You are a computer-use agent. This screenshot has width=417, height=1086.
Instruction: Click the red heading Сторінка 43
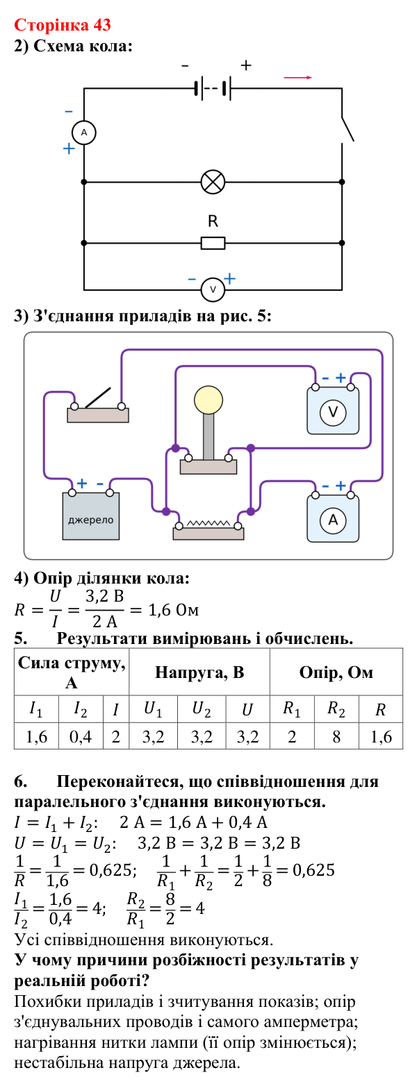point(63,25)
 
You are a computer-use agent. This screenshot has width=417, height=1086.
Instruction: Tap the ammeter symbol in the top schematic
point(84,133)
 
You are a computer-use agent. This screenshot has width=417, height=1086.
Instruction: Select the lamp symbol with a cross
point(213,183)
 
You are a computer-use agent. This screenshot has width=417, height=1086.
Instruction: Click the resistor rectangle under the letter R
point(213,243)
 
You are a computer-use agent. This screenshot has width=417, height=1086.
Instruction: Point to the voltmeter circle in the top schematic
point(213,290)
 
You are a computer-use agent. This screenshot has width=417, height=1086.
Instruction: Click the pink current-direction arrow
point(297,78)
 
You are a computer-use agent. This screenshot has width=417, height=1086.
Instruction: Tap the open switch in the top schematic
point(347,129)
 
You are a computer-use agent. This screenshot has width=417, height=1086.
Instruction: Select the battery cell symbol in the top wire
point(213,89)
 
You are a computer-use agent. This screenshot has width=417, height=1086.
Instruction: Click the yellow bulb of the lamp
point(208,400)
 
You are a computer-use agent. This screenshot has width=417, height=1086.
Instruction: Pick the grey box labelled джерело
point(91,516)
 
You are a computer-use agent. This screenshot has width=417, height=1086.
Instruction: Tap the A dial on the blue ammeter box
point(332,520)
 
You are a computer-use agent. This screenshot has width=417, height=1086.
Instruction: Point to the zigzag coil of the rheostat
point(208,523)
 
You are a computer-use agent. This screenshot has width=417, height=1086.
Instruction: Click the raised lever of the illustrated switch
point(97,398)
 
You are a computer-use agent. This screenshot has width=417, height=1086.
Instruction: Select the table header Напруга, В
point(199,672)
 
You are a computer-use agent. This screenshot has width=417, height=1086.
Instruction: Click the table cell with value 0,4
point(81,737)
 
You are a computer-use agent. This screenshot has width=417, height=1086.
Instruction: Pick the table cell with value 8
point(336,737)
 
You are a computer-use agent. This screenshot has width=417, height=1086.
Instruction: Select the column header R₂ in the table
point(336,709)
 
